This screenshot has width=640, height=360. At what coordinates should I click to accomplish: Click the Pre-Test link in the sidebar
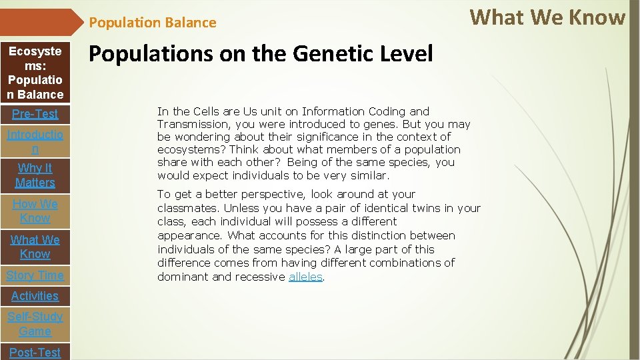[x=35, y=114]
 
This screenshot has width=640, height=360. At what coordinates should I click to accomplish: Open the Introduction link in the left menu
[x=35, y=142]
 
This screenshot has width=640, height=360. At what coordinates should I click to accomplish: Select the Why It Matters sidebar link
[x=35, y=175]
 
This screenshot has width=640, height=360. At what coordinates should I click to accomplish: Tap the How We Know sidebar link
[x=35, y=211]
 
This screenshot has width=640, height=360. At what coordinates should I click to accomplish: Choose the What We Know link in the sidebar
[x=35, y=247]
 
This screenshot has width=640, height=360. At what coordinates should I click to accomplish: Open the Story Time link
[x=35, y=275]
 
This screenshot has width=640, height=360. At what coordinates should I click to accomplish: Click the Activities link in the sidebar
[x=35, y=296]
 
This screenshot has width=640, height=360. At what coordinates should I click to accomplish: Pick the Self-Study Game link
[x=35, y=324]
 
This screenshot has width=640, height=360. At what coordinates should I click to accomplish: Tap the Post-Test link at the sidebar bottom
[x=35, y=352]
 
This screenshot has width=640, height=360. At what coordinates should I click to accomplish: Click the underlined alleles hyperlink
[x=305, y=277]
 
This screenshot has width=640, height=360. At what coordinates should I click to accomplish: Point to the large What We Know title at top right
[x=547, y=17]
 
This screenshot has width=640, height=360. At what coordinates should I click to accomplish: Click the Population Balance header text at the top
[x=153, y=23]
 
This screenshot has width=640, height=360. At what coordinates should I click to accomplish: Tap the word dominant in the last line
[x=183, y=277]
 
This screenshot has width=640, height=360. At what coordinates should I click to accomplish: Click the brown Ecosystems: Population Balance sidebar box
[x=35, y=73]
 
